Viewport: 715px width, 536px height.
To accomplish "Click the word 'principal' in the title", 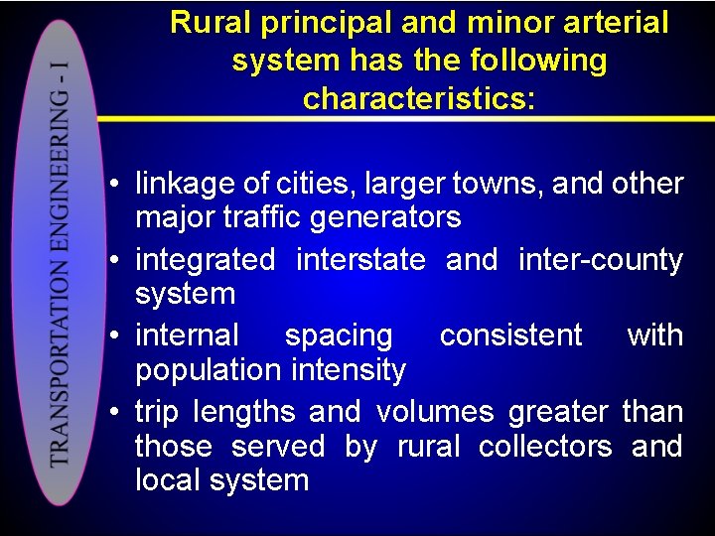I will click(x=309, y=23).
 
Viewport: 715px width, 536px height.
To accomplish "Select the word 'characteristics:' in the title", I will click(x=419, y=98).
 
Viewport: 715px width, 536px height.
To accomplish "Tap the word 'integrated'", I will click(x=205, y=260).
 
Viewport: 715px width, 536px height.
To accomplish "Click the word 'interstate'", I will click(x=360, y=260).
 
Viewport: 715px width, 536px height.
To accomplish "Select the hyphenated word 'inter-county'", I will click(x=601, y=260).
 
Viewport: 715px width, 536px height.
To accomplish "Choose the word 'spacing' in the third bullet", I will click(x=339, y=335).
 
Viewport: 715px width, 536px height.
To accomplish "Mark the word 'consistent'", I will click(x=510, y=335).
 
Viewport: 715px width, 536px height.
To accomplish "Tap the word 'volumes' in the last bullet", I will click(x=435, y=411).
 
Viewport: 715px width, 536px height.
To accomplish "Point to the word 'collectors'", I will click(x=545, y=447).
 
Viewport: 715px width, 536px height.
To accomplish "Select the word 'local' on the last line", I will click(x=168, y=480).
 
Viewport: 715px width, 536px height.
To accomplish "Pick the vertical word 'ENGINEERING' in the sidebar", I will click(x=61, y=189).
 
